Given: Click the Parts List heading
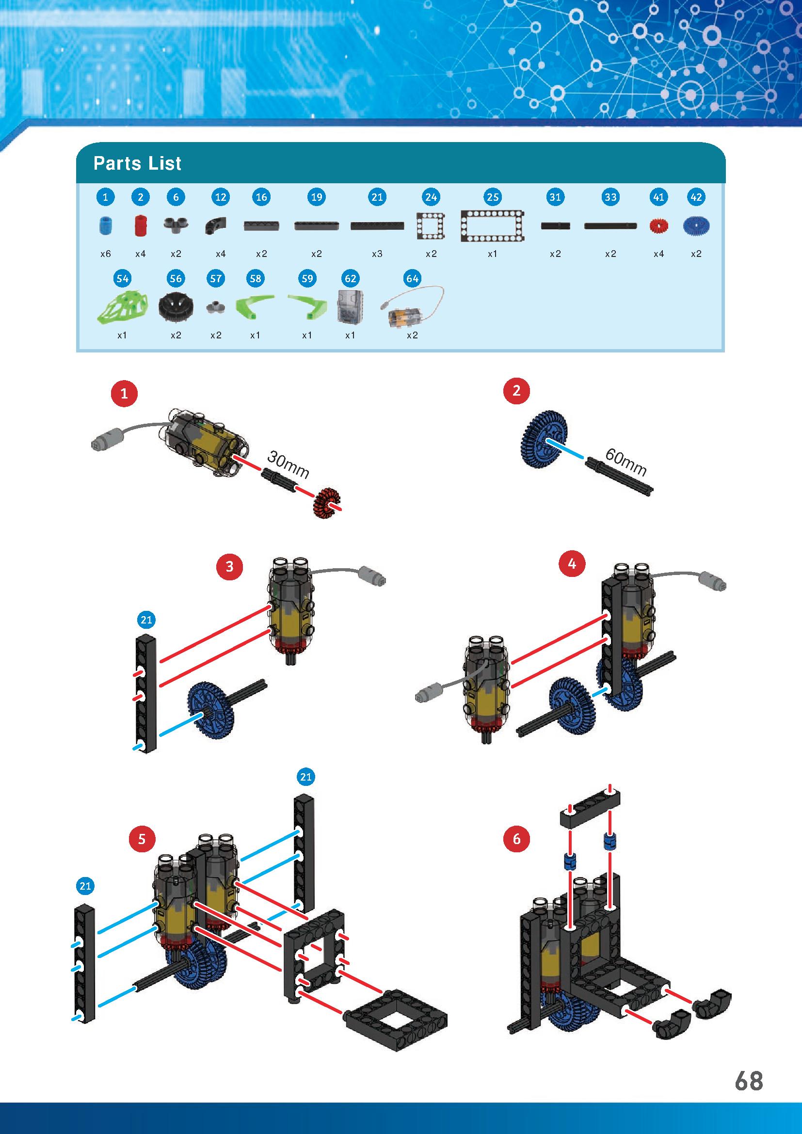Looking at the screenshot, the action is [x=137, y=163].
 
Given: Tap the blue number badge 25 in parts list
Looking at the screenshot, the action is [x=492, y=197].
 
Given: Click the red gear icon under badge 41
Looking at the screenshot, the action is [x=658, y=226].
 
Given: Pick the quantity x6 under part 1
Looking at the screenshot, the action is [x=105, y=254].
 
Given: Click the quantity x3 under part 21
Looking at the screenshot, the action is [x=377, y=254].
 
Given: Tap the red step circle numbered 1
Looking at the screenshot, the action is [x=124, y=394].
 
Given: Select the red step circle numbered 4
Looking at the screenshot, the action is [x=572, y=564].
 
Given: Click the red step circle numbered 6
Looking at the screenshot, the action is [x=516, y=839].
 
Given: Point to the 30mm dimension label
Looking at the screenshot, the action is [x=288, y=465].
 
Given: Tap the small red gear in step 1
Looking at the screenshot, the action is [x=327, y=503].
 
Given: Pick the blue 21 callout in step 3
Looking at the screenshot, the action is [x=146, y=620].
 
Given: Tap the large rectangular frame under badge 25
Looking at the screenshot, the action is [x=492, y=226].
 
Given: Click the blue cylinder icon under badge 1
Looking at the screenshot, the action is [x=105, y=226].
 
